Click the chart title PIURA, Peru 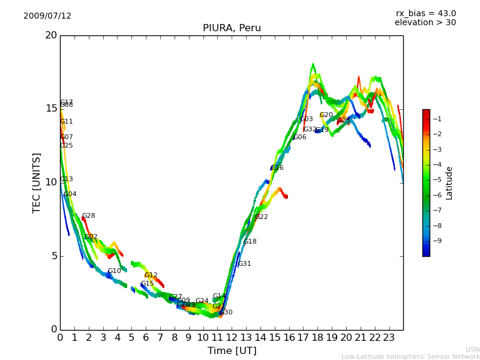pos(232,28)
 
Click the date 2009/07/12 pos(47,16)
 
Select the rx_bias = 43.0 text pos(425,14)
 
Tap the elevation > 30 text pos(425,23)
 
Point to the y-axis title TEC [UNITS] pos(37,182)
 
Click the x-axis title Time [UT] pos(232,351)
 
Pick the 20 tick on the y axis pos(51,35)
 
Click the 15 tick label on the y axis pos(51,109)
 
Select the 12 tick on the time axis pos(232,337)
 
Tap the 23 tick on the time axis pos(389,337)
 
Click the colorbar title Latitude pos(449,183)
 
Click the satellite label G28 pos(89,216)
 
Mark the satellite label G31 pos(244,264)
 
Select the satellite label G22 pos(262,217)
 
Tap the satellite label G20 pos(326,115)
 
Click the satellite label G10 pos(115,271)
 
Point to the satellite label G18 pos(250,242)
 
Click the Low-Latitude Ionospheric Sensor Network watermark pos(410,357)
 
